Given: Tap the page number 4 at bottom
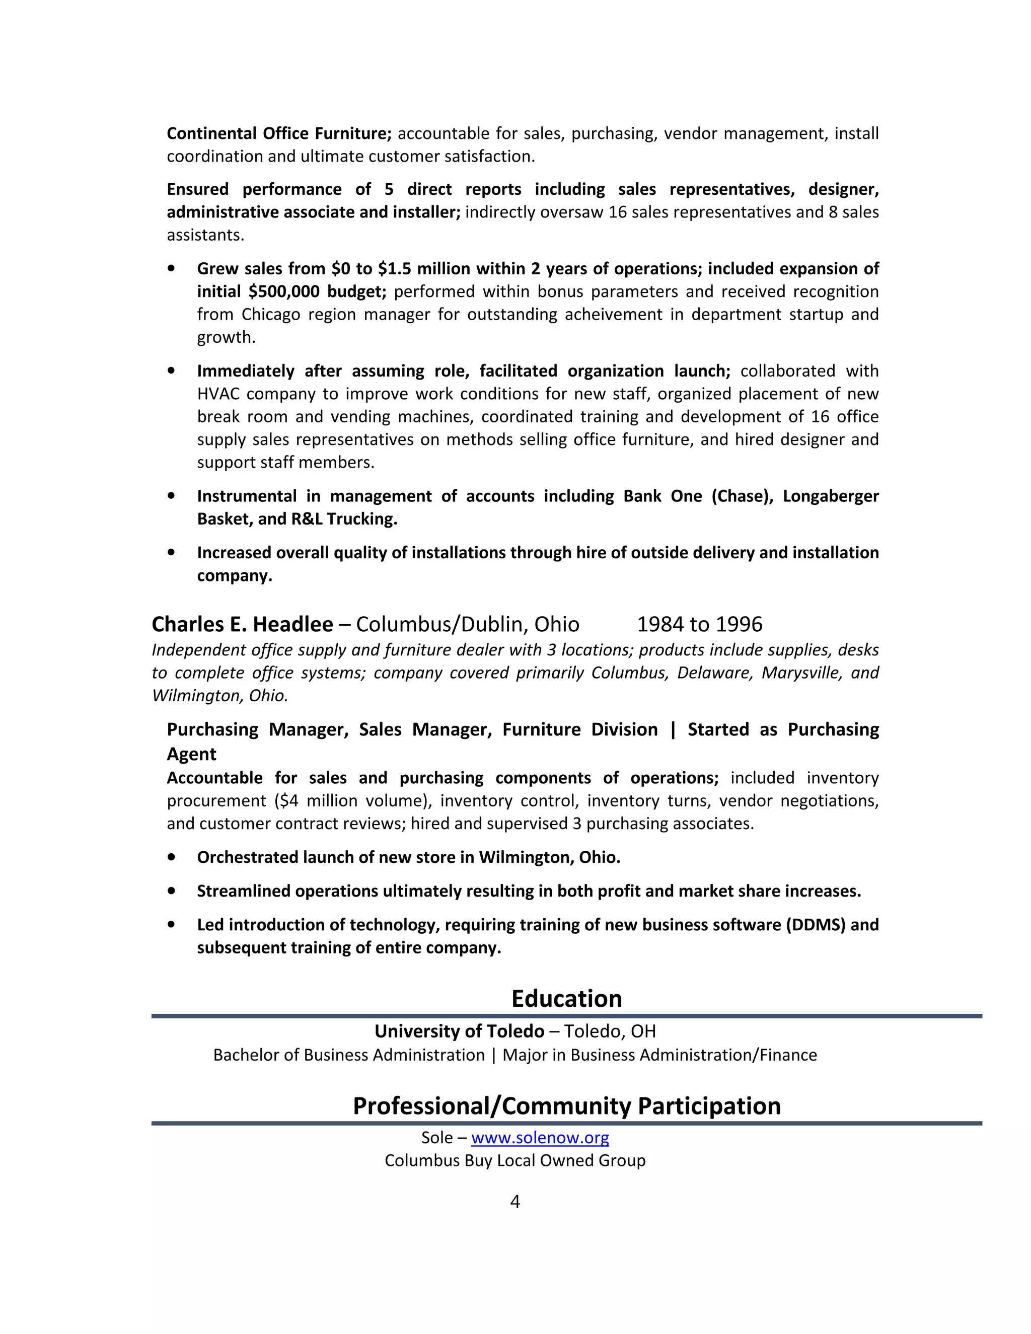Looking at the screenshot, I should tap(515, 1202).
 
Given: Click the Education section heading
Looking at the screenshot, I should tap(566, 999).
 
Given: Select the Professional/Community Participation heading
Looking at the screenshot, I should tap(566, 1105).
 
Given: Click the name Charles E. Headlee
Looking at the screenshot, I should tap(243, 624).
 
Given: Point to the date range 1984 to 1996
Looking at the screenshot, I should tap(699, 624).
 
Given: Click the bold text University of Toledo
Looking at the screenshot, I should tap(459, 1031).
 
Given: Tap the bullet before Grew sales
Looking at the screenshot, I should tap(171, 268).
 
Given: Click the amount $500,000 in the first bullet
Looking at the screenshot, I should tap(285, 291).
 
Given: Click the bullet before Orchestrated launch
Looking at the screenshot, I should tap(171, 857).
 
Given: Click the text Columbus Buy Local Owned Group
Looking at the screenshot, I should tap(515, 1160).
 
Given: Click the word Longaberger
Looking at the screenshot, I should tap(831, 496).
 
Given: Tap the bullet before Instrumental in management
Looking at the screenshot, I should tap(171, 496).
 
